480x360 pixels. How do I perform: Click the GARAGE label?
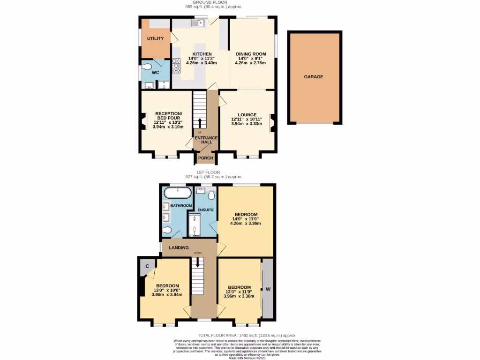point(314,76)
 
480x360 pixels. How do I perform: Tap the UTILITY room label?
point(156,38)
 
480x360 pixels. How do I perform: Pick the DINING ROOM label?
point(251,54)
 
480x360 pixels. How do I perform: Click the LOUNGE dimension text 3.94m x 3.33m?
point(247,124)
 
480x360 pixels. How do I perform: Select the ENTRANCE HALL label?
point(206,140)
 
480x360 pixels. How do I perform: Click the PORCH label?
point(206,158)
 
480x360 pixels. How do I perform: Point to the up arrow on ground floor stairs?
point(200,123)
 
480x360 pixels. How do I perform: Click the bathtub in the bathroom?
point(177,193)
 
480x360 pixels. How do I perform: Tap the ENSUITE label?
point(206,210)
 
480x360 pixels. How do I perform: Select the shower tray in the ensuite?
point(194,225)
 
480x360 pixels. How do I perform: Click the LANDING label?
point(179,247)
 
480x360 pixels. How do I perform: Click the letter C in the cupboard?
point(147,267)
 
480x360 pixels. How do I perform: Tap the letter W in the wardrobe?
point(268,289)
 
